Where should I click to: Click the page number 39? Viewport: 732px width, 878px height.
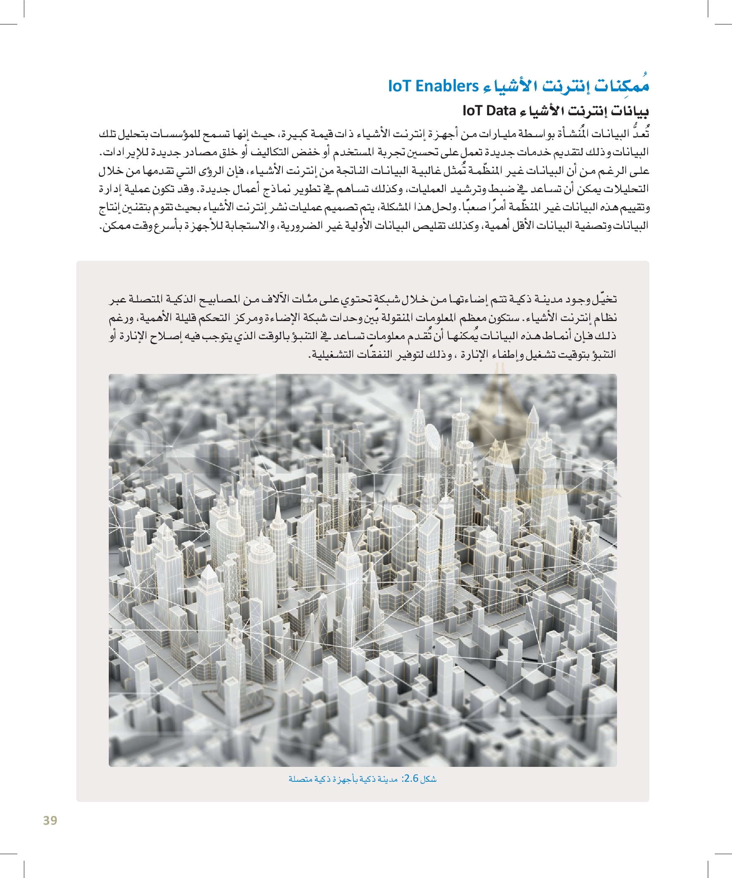[50, 820]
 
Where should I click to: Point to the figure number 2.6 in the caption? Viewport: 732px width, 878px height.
[411, 778]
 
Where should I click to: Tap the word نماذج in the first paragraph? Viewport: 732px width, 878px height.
[278, 189]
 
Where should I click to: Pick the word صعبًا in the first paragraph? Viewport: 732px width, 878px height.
[474, 207]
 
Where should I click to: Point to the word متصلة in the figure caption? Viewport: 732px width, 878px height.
[301, 779]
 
